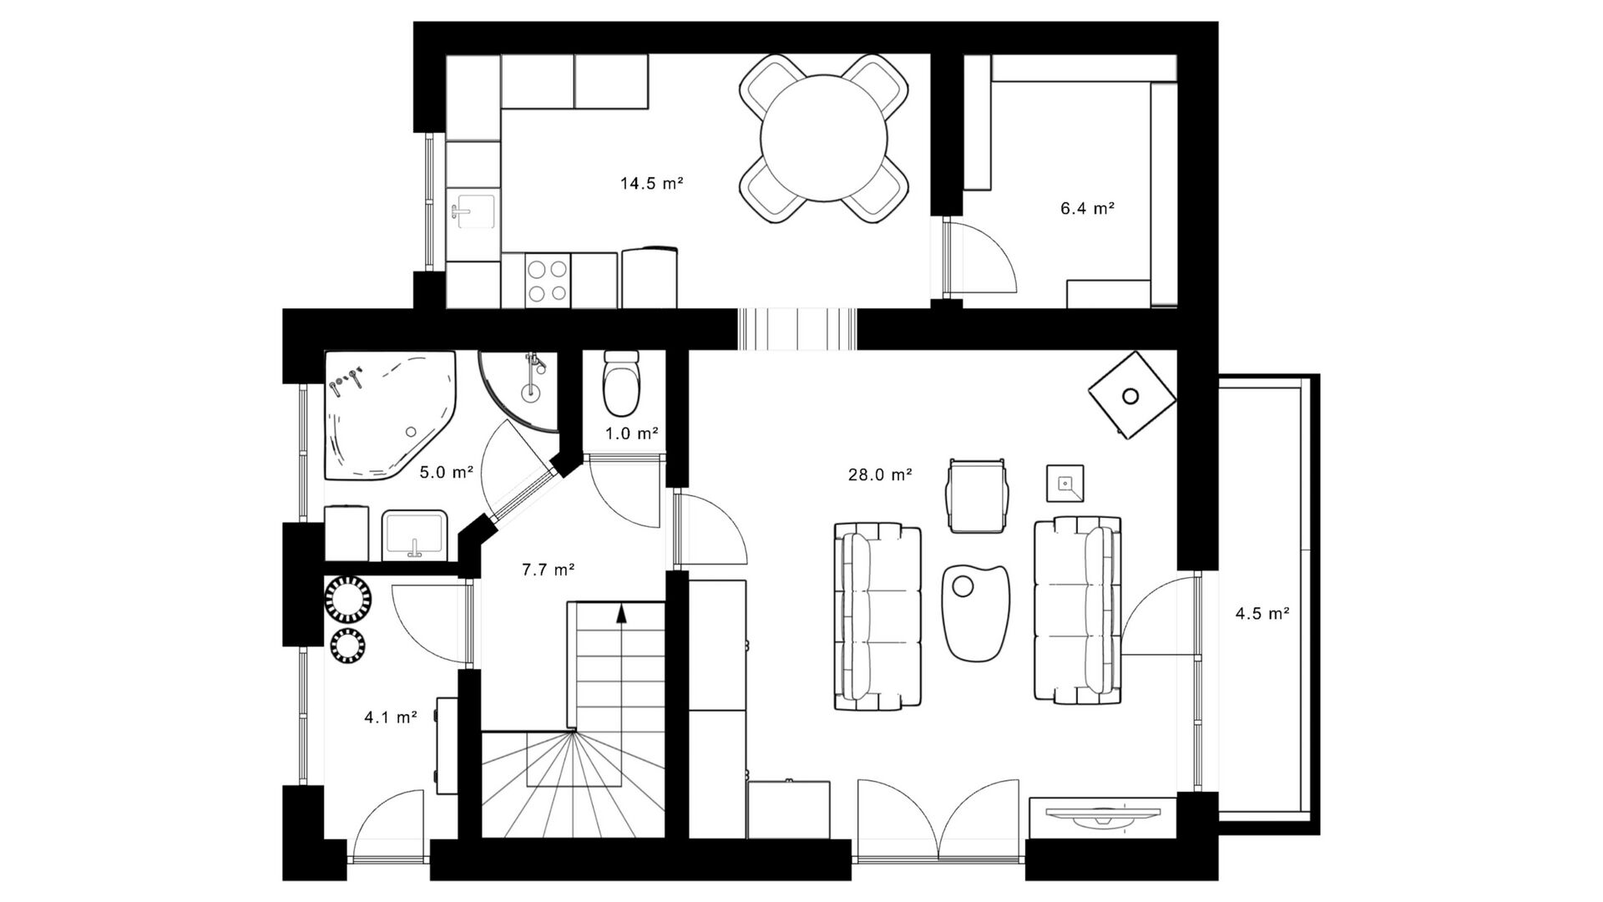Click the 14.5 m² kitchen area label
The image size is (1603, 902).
coord(652,183)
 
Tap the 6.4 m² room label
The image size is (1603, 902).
coord(1088,209)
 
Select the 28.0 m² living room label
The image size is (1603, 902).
coord(880,475)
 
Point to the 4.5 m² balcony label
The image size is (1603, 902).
coord(1262,614)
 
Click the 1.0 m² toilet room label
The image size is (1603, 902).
coord(632,433)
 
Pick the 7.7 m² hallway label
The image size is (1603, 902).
coord(549,570)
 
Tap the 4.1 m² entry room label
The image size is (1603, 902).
coord(391,717)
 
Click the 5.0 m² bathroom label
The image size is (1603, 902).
coord(447,473)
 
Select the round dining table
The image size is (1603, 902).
coord(823,139)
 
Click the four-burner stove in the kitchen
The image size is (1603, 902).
coord(549,280)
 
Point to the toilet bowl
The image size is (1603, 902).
coord(621,384)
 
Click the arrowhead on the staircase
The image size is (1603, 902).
coord(621,614)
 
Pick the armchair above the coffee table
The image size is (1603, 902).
coord(978,494)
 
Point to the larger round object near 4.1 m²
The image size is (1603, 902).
coord(349,600)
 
